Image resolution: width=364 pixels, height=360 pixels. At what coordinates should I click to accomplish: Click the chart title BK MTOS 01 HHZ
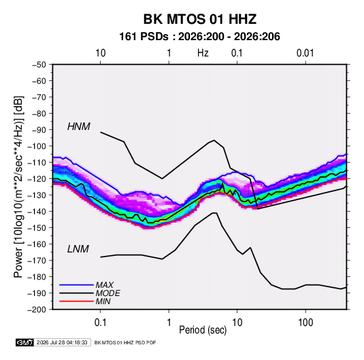pyautogui.click(x=200, y=19)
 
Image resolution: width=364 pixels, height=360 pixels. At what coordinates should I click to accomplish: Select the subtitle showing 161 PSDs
pyautogui.click(x=199, y=37)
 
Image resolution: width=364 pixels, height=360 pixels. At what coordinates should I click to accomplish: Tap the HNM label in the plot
pyautogui.click(x=79, y=127)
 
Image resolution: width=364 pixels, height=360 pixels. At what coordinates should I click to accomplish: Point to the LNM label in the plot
pyautogui.click(x=78, y=249)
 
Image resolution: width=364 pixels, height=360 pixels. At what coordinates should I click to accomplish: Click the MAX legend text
pyautogui.click(x=105, y=284)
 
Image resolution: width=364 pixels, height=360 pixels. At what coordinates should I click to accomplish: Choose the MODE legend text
pyautogui.click(x=108, y=293)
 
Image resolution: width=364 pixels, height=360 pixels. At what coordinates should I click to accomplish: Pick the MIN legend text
pyautogui.click(x=103, y=301)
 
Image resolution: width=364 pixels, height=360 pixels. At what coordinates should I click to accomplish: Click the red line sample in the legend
pyautogui.click(x=76, y=301)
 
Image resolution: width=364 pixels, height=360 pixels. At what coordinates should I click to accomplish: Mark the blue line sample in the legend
pyautogui.click(x=76, y=284)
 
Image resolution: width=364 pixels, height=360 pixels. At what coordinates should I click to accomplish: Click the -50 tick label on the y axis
pyautogui.click(x=39, y=65)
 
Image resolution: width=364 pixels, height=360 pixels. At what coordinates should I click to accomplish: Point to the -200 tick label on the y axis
pyautogui.click(x=37, y=310)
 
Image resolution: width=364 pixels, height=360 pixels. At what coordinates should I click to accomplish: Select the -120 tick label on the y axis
pyautogui.click(x=37, y=179)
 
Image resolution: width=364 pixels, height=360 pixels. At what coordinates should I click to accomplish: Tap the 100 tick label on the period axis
pyautogui.click(x=305, y=323)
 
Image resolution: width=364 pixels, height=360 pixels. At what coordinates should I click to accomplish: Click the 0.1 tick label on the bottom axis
pyautogui.click(x=100, y=323)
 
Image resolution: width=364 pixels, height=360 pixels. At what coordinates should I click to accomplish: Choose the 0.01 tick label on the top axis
pyautogui.click(x=305, y=53)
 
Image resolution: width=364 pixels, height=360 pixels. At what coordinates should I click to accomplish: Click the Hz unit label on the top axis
pyautogui.click(x=203, y=53)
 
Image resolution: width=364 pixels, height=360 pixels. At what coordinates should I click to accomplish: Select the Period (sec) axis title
pyautogui.click(x=203, y=330)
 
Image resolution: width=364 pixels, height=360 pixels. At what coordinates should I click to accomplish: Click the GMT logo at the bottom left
pyautogui.click(x=25, y=342)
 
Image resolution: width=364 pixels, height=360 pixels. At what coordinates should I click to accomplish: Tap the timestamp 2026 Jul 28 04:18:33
pyautogui.click(x=62, y=342)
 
